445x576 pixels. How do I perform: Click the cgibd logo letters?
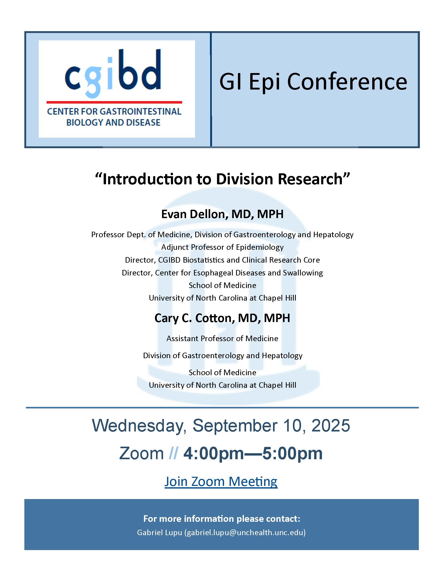113,73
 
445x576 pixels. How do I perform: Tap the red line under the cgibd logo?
114,102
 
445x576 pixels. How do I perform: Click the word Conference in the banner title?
347,81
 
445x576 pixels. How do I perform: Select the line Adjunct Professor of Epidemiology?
222,247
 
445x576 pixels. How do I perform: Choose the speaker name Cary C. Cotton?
193,318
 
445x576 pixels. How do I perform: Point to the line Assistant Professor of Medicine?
222,339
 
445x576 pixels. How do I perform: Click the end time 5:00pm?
293,454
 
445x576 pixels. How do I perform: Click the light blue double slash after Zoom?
173,453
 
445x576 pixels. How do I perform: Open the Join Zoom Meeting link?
221,481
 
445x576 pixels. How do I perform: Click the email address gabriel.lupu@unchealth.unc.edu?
245,533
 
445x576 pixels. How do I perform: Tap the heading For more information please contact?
222,519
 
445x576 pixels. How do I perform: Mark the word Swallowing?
303,273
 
